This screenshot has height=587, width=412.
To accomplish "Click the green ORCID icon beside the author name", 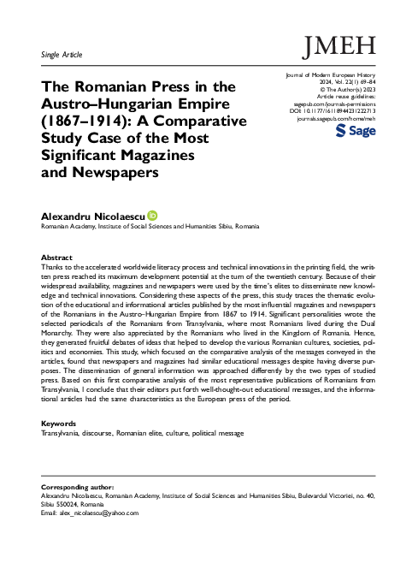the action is pyautogui.click(x=153, y=215).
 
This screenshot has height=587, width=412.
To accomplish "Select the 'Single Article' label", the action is pyautogui.click(x=61, y=55).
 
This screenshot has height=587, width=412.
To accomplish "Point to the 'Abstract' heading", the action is pyautogui.click(x=57, y=258).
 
